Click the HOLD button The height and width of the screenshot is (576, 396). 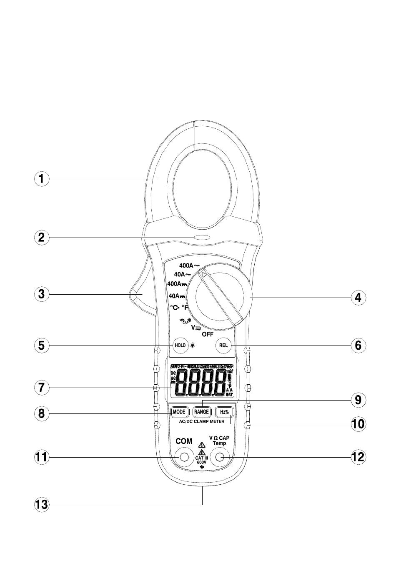180,345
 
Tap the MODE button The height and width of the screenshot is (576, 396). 179,412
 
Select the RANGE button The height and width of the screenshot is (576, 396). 201,412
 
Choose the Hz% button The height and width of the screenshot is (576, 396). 224,412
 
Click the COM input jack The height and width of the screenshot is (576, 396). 184,458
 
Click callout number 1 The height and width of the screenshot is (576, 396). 41,179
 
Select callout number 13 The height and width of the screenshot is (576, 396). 41,505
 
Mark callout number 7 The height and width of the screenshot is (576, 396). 41,388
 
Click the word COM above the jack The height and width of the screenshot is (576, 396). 184,441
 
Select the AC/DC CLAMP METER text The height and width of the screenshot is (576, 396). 201,421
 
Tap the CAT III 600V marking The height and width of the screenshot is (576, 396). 202,460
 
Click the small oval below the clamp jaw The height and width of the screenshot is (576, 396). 202,238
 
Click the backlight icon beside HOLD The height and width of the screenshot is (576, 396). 192,345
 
